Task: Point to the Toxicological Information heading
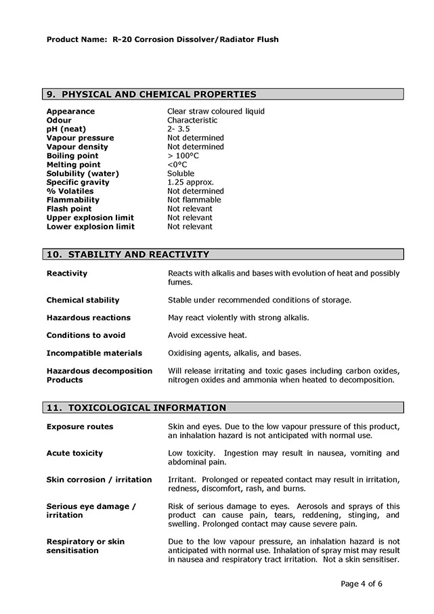tap(136, 408)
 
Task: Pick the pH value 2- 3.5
tap(179, 129)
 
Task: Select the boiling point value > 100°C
tap(183, 156)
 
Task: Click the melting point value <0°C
tap(177, 165)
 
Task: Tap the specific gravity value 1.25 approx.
tap(190, 182)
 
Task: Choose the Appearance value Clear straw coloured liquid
tap(216, 112)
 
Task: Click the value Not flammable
tap(194, 200)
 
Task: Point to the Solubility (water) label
tap(83, 174)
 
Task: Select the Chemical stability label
tap(83, 301)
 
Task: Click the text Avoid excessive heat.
tap(207, 336)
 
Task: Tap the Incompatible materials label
tap(94, 353)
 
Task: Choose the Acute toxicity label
tap(74, 454)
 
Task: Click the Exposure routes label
tap(80, 427)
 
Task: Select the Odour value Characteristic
tap(192, 120)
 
